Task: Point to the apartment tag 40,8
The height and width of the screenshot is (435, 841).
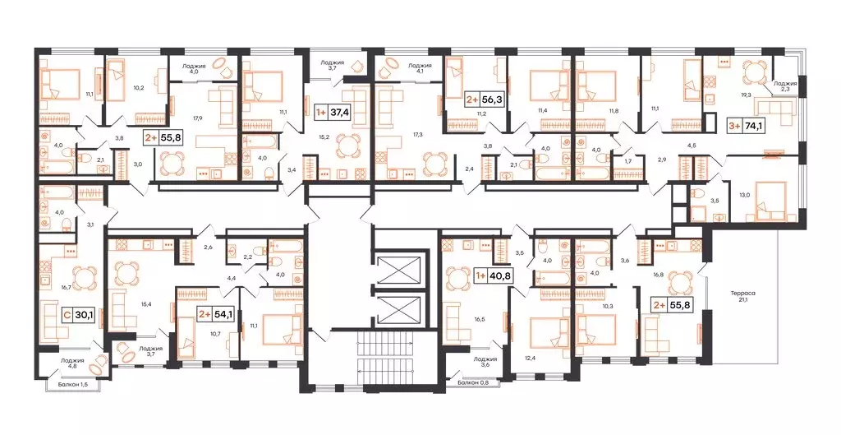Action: point(493,276)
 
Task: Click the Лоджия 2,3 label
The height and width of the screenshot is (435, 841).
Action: point(785,86)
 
